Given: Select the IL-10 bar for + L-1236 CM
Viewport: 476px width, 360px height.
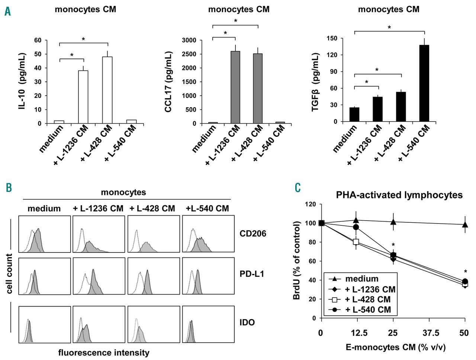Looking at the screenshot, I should tap(83, 97).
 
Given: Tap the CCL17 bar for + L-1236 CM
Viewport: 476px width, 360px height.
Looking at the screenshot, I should tap(235, 87).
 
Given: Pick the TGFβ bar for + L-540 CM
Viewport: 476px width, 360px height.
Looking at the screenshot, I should tap(424, 83).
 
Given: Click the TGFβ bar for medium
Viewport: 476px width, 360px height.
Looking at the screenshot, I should tap(354, 114).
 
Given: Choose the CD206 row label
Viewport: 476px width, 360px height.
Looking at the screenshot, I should tap(253, 234).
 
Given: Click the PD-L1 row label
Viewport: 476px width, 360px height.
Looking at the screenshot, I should tap(252, 274).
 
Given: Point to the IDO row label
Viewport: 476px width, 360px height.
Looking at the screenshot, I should tap(247, 322).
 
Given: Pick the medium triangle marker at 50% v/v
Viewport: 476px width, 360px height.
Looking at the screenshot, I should tap(465, 225).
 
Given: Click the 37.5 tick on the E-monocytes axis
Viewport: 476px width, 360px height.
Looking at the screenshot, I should tap(429, 332).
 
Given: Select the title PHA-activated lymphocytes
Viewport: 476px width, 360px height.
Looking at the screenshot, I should tap(399, 195).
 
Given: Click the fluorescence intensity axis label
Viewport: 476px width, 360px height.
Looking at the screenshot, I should tap(104, 353).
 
